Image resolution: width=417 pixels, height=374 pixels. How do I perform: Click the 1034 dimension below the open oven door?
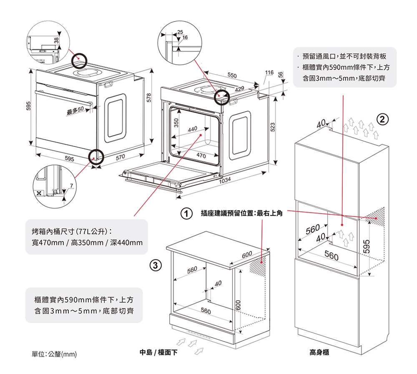(225, 180)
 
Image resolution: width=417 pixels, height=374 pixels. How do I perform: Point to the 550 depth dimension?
(232, 75)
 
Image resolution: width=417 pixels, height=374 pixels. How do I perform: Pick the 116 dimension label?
(269, 73)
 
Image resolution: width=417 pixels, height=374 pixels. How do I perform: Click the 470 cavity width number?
(201, 156)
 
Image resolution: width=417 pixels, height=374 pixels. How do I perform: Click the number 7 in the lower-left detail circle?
(71, 185)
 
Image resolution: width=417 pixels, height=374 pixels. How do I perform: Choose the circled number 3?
(155, 265)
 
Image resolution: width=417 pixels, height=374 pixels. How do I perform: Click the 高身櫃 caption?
(319, 353)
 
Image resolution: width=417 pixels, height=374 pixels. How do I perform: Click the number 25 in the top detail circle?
(180, 33)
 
